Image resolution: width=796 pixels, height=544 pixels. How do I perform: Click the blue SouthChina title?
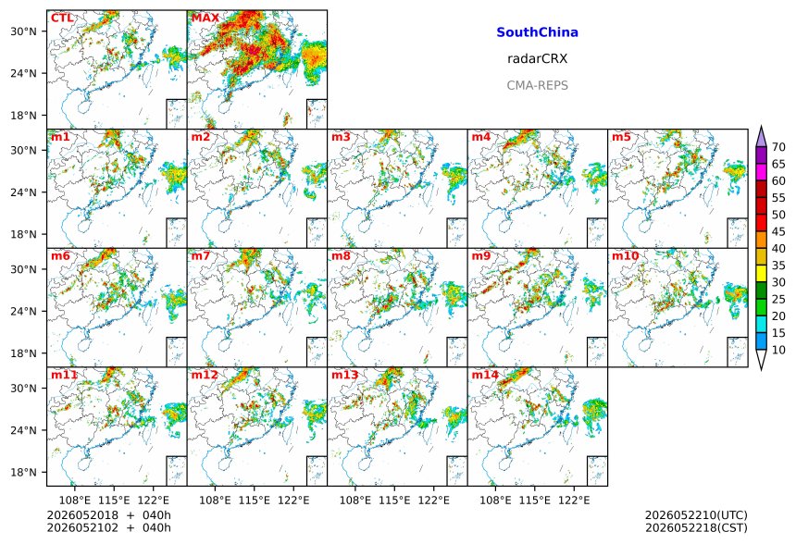click(537, 32)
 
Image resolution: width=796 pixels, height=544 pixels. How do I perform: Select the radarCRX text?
click(537, 59)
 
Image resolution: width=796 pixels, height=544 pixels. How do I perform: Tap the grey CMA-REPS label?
click(537, 85)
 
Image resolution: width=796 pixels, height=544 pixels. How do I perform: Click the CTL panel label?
click(62, 19)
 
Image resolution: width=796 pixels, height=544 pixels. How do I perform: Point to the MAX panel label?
click(205, 19)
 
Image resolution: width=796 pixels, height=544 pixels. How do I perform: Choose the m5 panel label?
click(621, 137)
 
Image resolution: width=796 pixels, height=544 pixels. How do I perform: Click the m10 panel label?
click(625, 255)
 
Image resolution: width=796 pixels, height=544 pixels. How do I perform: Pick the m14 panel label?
click(485, 375)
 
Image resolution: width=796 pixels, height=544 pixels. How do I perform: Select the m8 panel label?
click(341, 255)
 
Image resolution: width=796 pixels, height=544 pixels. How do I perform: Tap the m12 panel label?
click(205, 375)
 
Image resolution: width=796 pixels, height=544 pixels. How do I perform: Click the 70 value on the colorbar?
click(778, 147)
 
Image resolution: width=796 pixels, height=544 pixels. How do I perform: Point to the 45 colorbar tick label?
click(778, 231)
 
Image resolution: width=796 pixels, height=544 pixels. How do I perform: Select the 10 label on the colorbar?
click(778, 350)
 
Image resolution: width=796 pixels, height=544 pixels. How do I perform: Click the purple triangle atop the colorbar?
click(761, 137)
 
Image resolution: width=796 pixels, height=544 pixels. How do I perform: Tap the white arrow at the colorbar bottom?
click(761, 359)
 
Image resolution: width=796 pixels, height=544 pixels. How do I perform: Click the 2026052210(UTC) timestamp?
click(696, 515)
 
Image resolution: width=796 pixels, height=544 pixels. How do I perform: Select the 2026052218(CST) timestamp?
click(696, 528)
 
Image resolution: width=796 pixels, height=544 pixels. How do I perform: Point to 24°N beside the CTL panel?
click(24, 73)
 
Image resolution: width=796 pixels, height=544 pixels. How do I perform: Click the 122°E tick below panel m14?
click(574, 501)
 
